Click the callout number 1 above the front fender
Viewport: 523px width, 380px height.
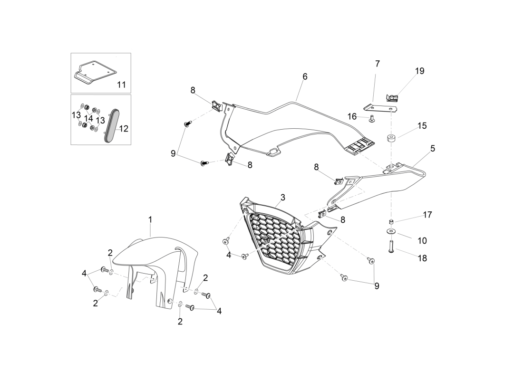150,219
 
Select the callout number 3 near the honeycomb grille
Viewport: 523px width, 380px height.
283,198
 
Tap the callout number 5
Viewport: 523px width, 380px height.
433,149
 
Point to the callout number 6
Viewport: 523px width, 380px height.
305,76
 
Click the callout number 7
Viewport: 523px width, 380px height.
377,64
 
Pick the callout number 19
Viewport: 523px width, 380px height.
420,71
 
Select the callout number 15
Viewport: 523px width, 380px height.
422,126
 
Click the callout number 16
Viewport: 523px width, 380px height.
352,117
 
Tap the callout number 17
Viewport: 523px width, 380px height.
427,215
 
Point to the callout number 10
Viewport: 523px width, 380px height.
422,241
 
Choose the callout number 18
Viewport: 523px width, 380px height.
422,258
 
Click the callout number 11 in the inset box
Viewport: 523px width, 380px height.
121,85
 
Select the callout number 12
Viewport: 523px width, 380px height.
124,129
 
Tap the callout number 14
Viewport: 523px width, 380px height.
88,119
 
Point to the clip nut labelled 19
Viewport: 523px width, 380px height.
393,98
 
